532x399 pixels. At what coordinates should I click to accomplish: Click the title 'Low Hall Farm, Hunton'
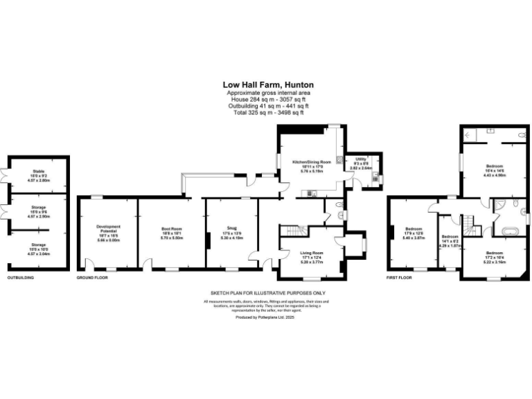point(265,85)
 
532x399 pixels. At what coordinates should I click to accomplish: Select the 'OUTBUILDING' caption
point(21,278)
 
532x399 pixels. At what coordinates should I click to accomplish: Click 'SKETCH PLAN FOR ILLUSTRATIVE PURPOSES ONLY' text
point(265,293)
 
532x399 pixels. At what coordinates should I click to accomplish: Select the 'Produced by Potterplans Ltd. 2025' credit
point(265,317)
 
